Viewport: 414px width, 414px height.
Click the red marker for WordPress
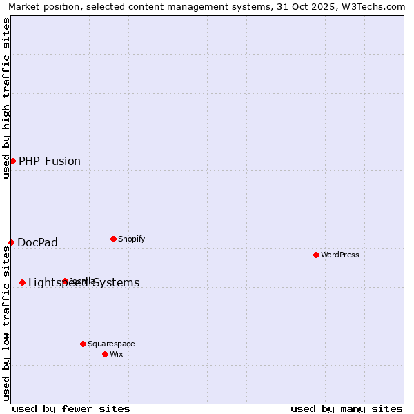tap(317, 255)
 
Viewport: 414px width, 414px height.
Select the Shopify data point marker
tap(113, 239)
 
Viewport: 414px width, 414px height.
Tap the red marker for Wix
tap(105, 354)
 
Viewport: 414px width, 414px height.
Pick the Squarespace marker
tap(83, 344)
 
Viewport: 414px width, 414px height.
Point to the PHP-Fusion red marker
tap(12, 161)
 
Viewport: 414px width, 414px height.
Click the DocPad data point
tap(11, 242)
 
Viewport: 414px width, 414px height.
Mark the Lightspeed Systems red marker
tap(22, 282)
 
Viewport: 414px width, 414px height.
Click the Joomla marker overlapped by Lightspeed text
tap(65, 281)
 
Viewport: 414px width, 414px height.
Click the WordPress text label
tap(340, 255)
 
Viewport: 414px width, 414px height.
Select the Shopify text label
tap(131, 239)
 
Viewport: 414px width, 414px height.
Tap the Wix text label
tap(116, 354)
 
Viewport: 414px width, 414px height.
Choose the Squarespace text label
tap(111, 344)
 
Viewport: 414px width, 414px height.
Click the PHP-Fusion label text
tap(50, 161)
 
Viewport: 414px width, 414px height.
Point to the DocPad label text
tap(38, 242)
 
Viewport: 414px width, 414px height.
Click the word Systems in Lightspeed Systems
tap(116, 282)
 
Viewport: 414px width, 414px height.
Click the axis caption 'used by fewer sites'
tap(71, 408)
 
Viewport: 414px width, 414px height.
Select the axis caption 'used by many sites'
tap(346, 408)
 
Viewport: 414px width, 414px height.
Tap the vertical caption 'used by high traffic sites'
tap(6, 98)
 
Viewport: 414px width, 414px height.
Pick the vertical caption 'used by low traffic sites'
tap(6, 324)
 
